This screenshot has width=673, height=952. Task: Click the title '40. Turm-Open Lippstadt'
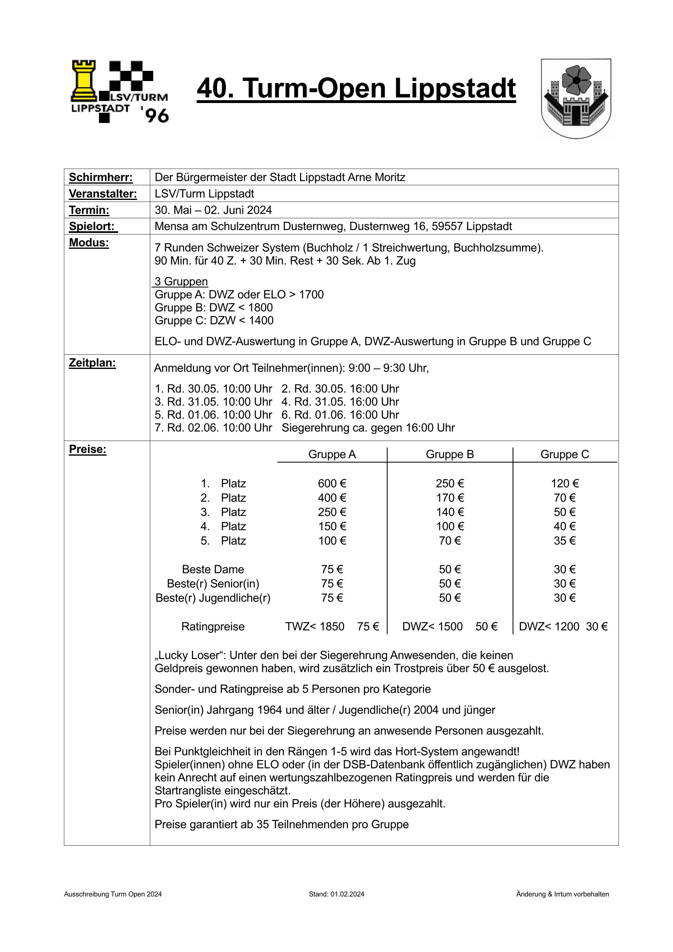coord(356,88)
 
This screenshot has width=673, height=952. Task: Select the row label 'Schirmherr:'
coord(101,178)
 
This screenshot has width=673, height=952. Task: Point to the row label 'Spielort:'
coord(93,226)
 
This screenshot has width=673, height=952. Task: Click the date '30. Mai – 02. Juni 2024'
coord(213,210)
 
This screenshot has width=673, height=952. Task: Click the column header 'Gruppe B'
coord(449,454)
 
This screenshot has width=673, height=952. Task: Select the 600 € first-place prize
coord(332,483)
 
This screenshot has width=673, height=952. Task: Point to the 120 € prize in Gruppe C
coord(564,483)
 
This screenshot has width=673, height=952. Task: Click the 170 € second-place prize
coord(449,498)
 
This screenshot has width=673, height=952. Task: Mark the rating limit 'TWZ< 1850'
coord(314,627)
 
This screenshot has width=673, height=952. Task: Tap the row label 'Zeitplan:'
coord(92,363)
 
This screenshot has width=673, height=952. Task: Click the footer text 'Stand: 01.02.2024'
coord(336,894)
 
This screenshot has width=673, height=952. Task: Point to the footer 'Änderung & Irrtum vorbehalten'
coord(562,894)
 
